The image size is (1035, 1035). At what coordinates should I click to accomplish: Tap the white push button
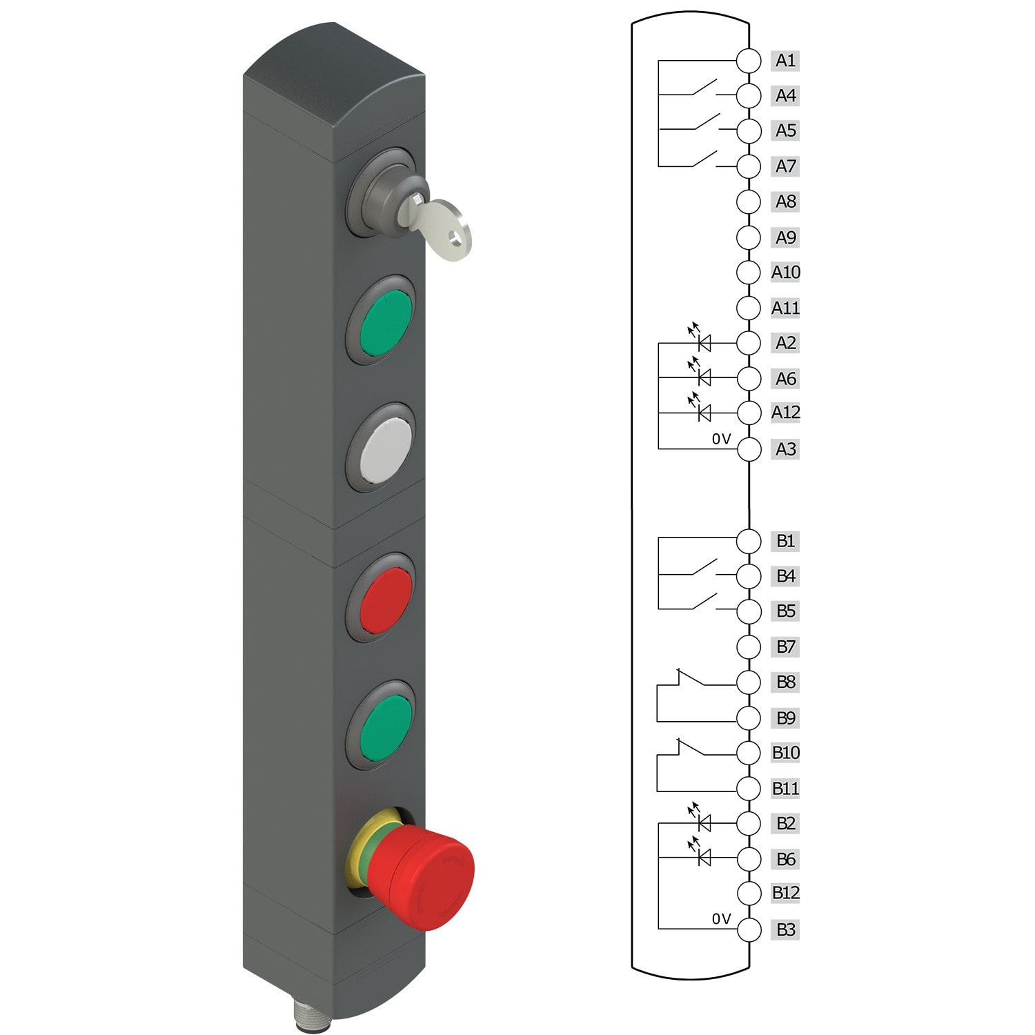(x=385, y=447)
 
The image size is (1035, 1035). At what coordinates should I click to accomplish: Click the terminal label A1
(x=785, y=61)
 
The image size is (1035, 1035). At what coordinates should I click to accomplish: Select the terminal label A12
(x=785, y=413)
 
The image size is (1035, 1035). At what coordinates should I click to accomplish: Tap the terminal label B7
(x=785, y=647)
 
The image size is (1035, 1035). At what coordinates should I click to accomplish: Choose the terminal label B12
(x=785, y=893)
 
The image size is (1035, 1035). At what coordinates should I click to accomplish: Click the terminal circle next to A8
(x=749, y=202)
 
